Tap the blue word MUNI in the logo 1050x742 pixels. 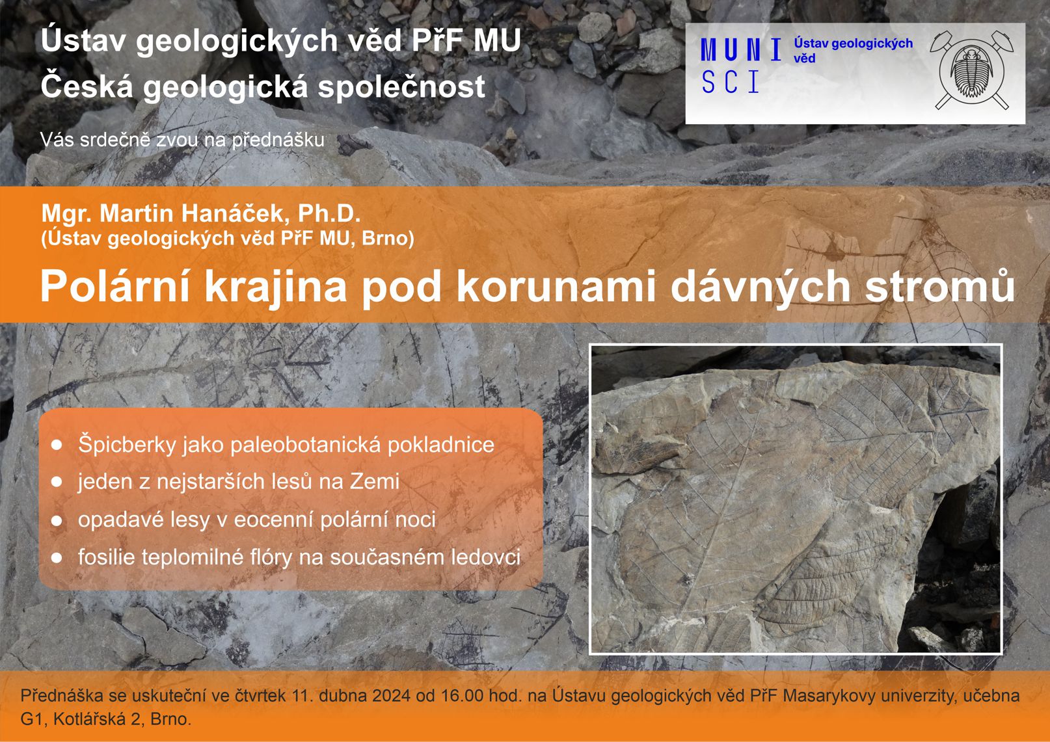(741, 49)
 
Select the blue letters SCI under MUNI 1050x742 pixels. (730, 83)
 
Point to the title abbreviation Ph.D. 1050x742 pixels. (329, 213)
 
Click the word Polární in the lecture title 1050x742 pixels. (115, 287)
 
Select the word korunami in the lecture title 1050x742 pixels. (556, 287)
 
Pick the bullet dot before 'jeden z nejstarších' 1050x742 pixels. (57, 482)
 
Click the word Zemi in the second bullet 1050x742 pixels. (374, 481)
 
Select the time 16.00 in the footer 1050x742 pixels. (462, 696)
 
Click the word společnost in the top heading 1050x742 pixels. (401, 87)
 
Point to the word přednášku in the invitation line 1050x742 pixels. (278, 140)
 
